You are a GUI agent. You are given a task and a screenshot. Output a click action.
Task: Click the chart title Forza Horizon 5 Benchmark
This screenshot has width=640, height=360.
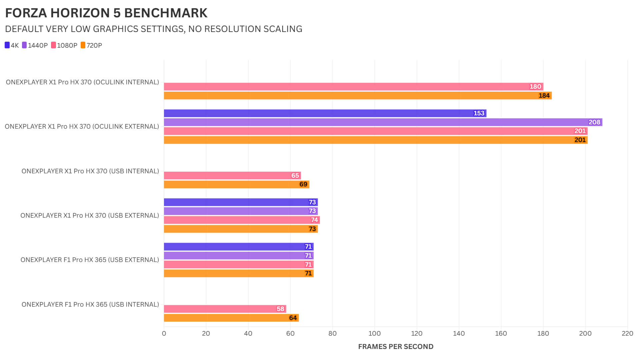(106, 13)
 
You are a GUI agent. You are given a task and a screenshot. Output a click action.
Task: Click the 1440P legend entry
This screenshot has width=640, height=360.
(35, 45)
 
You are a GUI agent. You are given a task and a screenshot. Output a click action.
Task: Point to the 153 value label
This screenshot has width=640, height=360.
(479, 113)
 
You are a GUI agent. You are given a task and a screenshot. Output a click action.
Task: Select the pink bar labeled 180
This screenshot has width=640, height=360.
(353, 87)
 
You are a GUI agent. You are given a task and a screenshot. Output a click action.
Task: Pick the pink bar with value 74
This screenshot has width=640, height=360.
(242, 220)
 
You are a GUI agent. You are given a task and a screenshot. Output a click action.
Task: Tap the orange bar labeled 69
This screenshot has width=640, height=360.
(236, 184)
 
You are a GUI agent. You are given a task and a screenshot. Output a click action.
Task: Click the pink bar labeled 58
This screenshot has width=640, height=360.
(225, 309)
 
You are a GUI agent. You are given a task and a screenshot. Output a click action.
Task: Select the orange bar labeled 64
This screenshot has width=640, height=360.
(231, 318)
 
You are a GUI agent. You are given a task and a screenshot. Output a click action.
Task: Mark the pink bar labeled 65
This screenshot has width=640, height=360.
(232, 176)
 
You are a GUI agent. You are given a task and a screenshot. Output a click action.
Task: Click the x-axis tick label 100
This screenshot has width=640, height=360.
(374, 334)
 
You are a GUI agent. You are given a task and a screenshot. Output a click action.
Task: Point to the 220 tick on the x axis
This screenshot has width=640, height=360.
(627, 334)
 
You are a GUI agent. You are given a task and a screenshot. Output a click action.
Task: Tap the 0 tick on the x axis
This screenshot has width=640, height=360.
(164, 334)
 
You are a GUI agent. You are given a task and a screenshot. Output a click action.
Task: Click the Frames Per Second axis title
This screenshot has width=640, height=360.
(396, 347)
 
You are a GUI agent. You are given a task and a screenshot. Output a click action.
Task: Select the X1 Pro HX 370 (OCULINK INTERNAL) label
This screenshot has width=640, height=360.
(82, 82)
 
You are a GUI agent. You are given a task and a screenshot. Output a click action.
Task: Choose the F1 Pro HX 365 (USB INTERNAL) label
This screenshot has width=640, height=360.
(90, 304)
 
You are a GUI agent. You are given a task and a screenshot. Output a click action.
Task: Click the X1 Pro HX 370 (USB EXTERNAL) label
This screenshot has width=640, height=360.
(90, 216)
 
